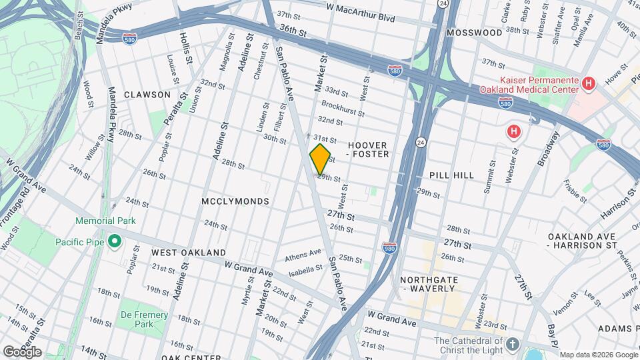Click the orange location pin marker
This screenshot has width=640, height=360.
coord(320,158)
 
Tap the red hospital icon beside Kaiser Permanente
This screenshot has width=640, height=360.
coord(588,84)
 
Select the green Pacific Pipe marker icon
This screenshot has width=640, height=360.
coord(114,241)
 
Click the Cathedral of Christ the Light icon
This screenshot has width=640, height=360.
coord(511,344)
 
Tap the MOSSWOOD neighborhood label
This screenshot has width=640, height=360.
coord(475,32)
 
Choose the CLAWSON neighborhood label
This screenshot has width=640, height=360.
coord(147,95)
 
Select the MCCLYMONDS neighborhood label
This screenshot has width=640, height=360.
coord(235,201)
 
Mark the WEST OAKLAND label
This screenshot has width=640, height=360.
coord(188,253)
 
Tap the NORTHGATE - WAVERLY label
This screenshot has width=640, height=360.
coord(427,284)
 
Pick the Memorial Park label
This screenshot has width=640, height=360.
coord(105,221)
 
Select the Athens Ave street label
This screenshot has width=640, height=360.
coord(303,257)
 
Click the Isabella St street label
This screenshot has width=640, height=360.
coord(306,271)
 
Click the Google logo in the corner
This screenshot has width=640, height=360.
coord(22,351)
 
